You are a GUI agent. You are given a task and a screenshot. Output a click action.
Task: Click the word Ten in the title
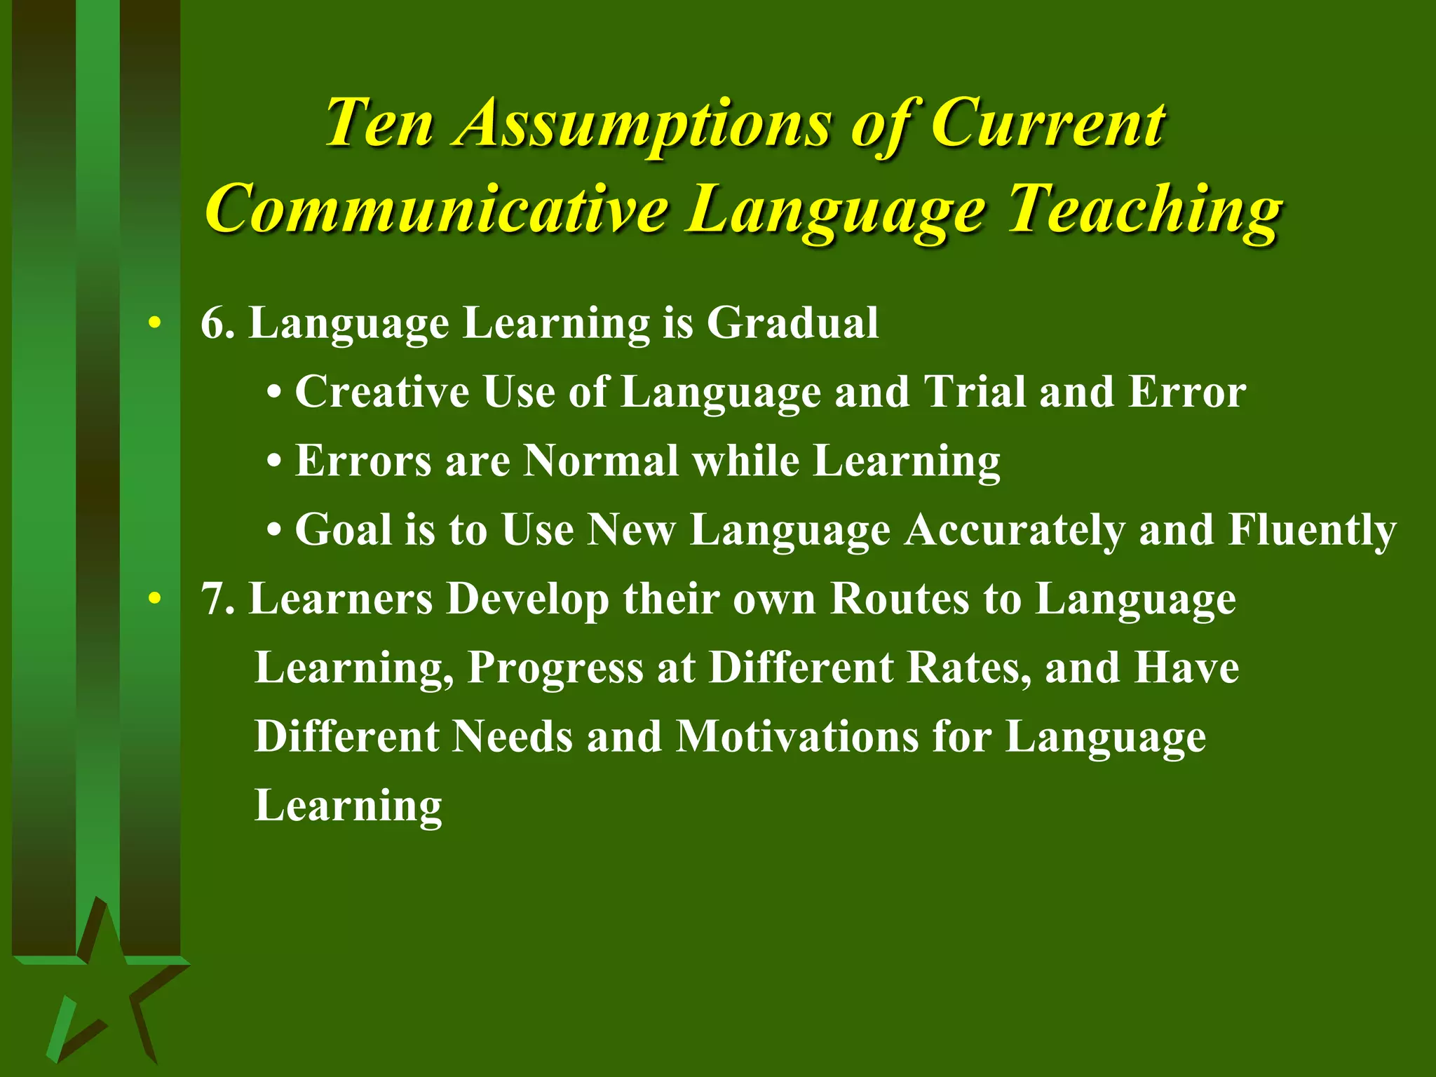[379, 123]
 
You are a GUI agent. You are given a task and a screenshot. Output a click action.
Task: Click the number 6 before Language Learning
[213, 323]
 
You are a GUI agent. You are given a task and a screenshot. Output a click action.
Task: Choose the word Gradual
[792, 323]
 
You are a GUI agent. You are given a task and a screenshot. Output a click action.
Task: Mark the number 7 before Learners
[213, 600]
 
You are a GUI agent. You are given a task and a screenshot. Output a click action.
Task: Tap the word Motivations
[797, 736]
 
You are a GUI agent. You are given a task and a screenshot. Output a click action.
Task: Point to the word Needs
[512, 736]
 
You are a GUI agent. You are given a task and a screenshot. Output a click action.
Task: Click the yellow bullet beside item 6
[155, 323]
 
